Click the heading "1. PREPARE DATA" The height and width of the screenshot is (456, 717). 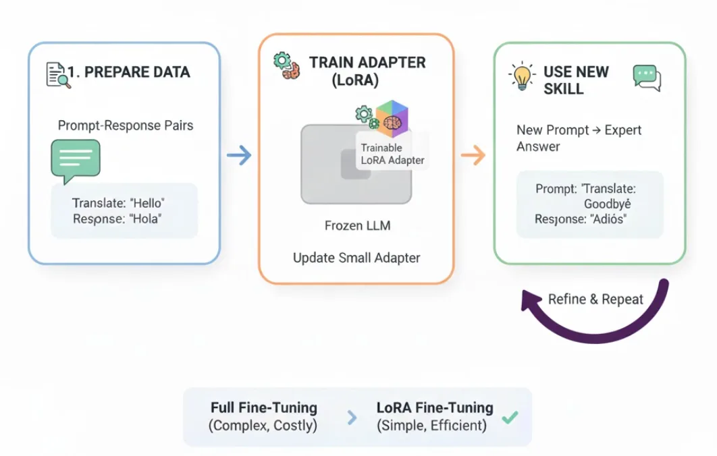tap(128, 72)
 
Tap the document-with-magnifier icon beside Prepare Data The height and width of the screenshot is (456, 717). tap(57, 74)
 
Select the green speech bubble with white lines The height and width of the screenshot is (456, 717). tap(76, 160)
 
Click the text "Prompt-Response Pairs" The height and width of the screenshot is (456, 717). tap(126, 125)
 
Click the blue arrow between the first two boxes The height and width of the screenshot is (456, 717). tap(239, 156)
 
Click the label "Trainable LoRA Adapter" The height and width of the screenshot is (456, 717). tap(392, 154)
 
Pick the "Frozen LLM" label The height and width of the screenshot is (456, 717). tap(357, 225)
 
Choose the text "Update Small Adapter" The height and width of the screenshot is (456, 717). tap(356, 258)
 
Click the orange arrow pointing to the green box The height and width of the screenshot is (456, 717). tap(473, 156)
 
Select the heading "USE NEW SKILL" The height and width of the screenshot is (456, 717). tap(576, 80)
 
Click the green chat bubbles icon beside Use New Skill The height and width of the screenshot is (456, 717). tap(647, 78)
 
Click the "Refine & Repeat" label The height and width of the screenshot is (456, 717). tap(595, 299)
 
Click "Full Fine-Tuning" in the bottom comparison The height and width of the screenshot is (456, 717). tap(263, 408)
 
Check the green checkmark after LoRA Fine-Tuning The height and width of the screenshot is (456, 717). tap(510, 418)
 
